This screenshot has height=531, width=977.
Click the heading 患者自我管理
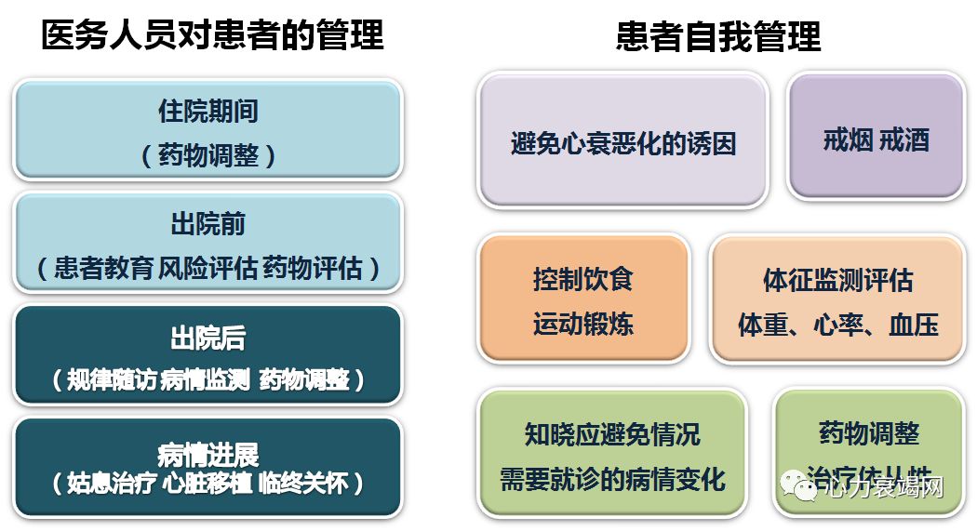(x=718, y=36)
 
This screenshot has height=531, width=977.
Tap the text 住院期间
(x=207, y=112)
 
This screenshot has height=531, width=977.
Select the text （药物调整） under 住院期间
(x=207, y=154)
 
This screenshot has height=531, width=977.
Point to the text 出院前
(x=207, y=224)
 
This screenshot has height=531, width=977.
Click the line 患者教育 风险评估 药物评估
(x=207, y=268)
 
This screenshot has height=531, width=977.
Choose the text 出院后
(x=207, y=338)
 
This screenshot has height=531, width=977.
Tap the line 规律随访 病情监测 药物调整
(x=207, y=379)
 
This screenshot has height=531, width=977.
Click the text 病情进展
(x=207, y=454)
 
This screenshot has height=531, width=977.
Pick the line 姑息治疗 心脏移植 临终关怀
(x=207, y=484)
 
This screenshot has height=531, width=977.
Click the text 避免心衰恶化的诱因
(x=623, y=143)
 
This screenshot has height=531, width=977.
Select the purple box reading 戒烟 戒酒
(x=876, y=140)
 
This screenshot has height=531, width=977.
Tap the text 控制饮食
(x=582, y=279)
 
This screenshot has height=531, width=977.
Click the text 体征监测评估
(x=837, y=280)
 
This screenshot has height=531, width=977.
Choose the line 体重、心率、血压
(x=837, y=324)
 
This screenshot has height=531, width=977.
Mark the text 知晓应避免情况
(x=612, y=434)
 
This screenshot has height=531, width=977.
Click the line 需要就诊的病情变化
(x=612, y=479)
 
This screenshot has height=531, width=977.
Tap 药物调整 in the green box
(x=869, y=432)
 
